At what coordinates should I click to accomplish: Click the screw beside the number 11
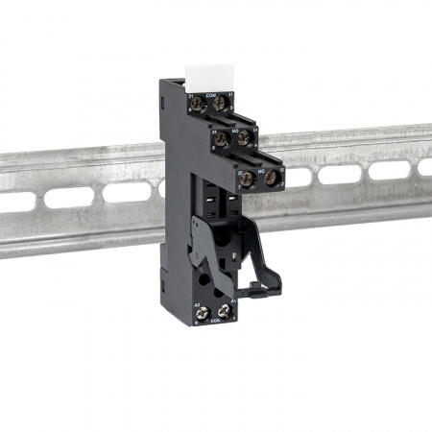(x=223, y=103)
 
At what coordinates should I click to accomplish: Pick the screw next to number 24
(x=224, y=140)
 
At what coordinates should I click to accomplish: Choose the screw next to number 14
(x=247, y=139)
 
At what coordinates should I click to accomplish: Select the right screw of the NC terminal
(x=272, y=178)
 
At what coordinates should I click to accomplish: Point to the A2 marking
(x=198, y=302)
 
